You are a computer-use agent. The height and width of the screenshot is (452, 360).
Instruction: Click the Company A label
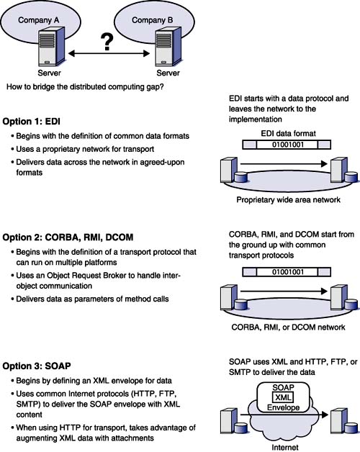[x=38, y=20]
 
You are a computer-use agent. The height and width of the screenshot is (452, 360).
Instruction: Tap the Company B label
[x=153, y=20]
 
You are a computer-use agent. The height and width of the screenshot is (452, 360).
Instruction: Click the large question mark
[x=107, y=42]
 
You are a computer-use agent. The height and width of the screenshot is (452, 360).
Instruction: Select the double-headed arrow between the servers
[x=109, y=53]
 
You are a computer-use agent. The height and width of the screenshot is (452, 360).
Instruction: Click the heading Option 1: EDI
[x=32, y=122]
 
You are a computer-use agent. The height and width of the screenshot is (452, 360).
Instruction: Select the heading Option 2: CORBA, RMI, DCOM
[x=68, y=238]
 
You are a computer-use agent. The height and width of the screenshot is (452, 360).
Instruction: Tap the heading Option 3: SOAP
[x=37, y=366]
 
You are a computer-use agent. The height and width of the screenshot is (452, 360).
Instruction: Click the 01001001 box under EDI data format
[x=287, y=145]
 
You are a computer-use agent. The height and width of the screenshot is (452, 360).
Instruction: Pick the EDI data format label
[x=288, y=133]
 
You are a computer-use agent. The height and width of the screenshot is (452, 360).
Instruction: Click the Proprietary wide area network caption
[x=288, y=200]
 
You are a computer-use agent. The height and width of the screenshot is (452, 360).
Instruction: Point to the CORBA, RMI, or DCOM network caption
[x=288, y=327]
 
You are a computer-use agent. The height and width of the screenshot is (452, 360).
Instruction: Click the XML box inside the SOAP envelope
[x=283, y=397]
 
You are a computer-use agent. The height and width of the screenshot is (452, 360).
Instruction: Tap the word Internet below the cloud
[x=285, y=448]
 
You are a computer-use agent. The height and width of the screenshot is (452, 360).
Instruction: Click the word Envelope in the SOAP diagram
[x=283, y=407]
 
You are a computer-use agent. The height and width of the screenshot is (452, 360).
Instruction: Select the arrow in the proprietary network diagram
[x=284, y=163]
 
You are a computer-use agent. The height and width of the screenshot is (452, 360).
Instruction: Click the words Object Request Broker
[x=86, y=276]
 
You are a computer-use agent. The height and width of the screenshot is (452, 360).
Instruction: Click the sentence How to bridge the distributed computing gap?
[x=85, y=87]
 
